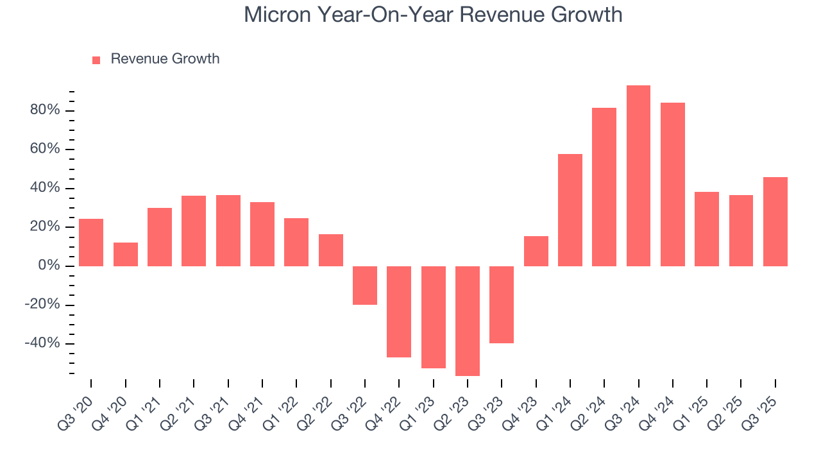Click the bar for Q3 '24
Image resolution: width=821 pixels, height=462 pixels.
638,176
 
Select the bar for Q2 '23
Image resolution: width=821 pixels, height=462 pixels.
468,321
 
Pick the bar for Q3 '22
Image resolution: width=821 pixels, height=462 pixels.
365,286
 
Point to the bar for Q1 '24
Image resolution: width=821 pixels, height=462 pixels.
570,210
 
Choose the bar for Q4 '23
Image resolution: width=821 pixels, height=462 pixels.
536,251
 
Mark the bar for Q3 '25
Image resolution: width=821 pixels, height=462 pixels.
775,221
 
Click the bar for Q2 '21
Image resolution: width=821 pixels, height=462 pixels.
194,231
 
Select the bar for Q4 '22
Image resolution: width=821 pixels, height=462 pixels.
399,312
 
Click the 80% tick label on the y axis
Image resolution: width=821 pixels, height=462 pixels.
45,110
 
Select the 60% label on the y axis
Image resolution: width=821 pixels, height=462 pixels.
45,150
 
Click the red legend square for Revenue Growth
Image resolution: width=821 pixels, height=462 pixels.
96,60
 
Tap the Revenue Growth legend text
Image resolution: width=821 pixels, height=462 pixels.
165,59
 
